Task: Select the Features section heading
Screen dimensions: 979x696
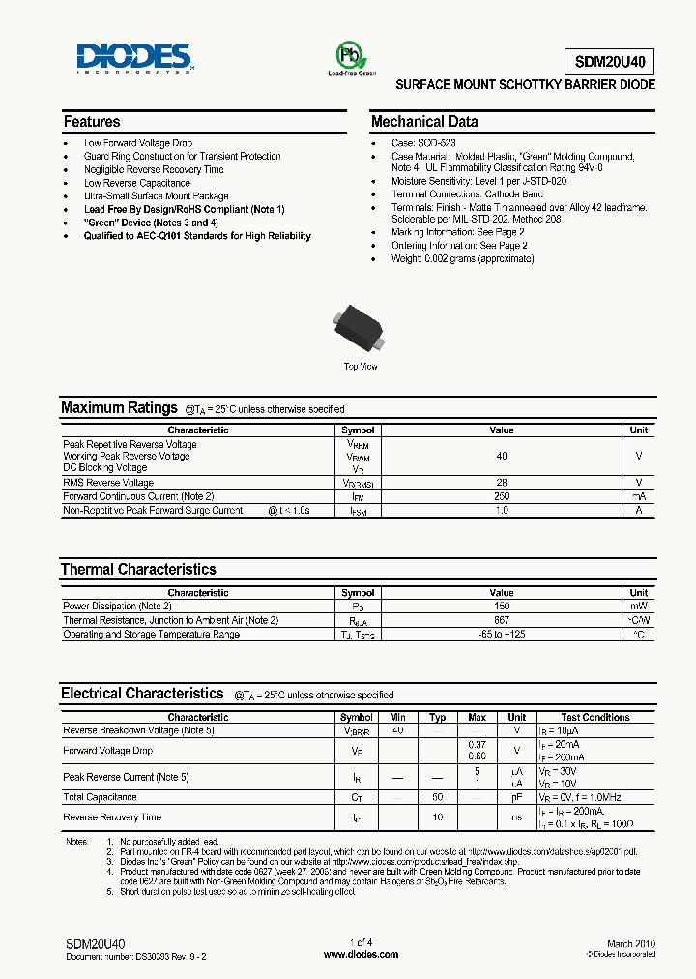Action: click(x=92, y=122)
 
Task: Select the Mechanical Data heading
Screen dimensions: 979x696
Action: click(x=424, y=122)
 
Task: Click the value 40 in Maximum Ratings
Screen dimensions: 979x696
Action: click(x=502, y=456)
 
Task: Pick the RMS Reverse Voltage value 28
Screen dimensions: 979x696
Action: click(x=502, y=483)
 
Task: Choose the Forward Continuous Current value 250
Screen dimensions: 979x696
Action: click(x=502, y=496)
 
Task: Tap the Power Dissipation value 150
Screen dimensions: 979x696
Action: click(x=502, y=607)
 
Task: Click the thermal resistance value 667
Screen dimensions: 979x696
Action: click(x=502, y=620)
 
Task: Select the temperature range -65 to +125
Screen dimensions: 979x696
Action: click(x=502, y=635)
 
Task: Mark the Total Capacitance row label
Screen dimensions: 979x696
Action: click(x=100, y=797)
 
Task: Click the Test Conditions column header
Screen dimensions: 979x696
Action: click(x=595, y=718)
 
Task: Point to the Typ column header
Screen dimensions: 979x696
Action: click(x=437, y=718)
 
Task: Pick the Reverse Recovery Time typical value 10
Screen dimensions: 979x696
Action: click(x=437, y=818)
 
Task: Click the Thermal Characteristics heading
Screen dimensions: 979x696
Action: click(x=138, y=570)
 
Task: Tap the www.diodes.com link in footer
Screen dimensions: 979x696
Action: click(x=361, y=954)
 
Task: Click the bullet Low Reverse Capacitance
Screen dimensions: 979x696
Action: click(x=136, y=183)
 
